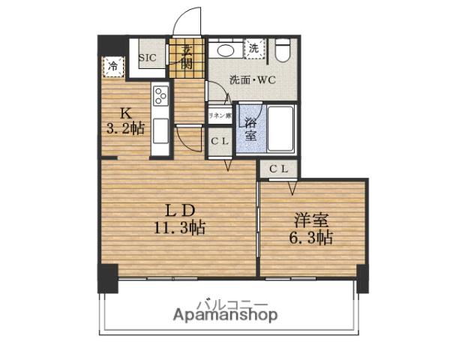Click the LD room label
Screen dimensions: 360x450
coord(181,209)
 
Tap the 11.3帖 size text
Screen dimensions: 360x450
coord(181,226)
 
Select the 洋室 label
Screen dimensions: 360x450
coord(310,221)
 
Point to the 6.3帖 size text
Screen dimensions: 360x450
coord(311,238)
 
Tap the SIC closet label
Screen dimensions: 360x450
coord(146,56)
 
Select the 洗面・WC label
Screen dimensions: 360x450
coord(251,79)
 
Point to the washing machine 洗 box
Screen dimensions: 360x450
coord(254,49)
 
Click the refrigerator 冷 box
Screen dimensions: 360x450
coord(114,66)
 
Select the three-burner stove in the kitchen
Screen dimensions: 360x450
coord(161,96)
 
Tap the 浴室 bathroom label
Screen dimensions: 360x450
coord(249,127)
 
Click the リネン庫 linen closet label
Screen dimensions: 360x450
coord(219,115)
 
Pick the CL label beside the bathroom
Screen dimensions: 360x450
coord(219,141)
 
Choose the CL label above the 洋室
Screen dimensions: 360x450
coord(278,169)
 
